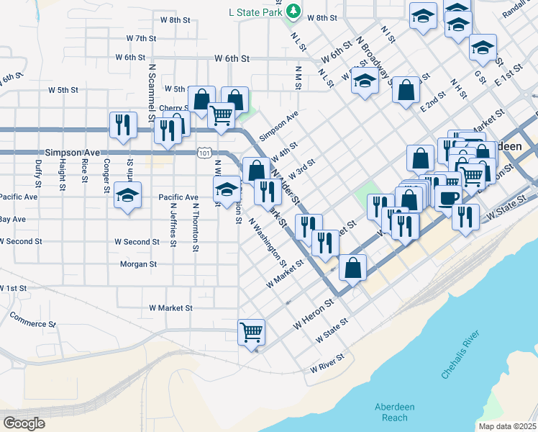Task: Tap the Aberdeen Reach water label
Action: [x=394, y=412]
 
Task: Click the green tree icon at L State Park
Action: [x=293, y=11]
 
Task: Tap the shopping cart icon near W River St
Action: [x=252, y=332]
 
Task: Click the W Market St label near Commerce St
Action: [x=170, y=307]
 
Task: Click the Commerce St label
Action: [x=32, y=320]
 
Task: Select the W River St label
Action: [x=328, y=363]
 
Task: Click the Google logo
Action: [x=24, y=423]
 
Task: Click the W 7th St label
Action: [x=141, y=37]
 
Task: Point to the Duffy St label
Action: [x=37, y=170]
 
